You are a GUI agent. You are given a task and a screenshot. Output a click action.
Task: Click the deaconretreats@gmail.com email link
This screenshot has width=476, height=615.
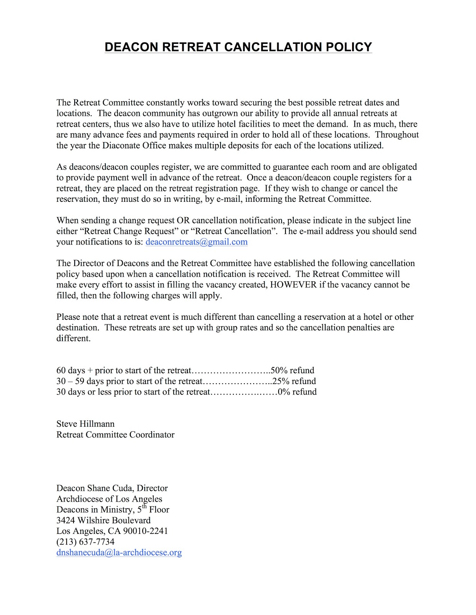[x=196, y=242]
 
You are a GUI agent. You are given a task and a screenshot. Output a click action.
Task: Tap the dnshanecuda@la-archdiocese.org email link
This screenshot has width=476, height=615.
[x=119, y=552]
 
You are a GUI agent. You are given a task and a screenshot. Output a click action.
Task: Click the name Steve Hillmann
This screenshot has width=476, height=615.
[x=85, y=424]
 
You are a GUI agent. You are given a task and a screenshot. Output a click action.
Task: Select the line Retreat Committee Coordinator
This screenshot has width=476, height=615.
[x=115, y=434]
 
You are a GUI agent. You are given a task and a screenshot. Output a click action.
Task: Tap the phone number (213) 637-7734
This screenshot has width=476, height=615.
[x=85, y=542]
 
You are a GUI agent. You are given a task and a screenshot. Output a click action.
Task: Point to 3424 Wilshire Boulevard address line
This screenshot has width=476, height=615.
[x=104, y=520]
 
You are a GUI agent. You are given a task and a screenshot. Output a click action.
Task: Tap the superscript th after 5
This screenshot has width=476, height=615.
[x=145, y=506]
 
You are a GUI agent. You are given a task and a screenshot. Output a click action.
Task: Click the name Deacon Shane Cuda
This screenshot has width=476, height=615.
[x=95, y=488]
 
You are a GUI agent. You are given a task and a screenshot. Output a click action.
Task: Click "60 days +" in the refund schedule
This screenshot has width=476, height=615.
[x=75, y=370]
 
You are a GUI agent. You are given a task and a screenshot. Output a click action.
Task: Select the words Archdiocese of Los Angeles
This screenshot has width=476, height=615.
[x=109, y=499]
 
